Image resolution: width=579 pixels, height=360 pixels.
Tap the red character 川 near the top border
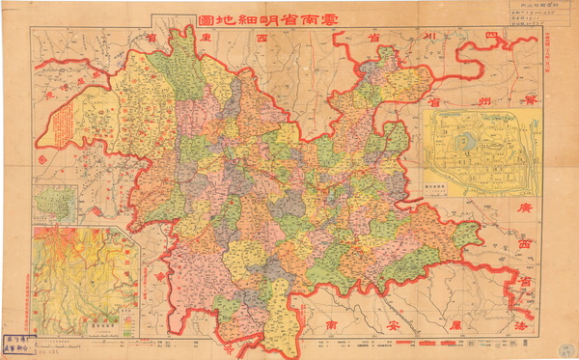(430, 37)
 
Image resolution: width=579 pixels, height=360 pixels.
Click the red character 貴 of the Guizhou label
(529, 98)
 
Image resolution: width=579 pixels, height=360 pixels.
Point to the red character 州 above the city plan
(480, 98)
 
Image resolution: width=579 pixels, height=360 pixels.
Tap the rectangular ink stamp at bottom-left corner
(18, 345)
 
